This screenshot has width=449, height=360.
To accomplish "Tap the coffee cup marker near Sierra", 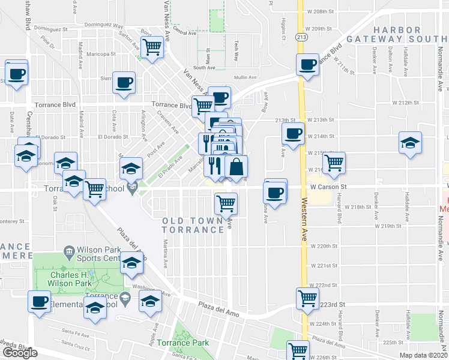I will [124, 83].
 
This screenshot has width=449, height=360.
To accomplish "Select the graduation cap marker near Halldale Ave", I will [411, 143].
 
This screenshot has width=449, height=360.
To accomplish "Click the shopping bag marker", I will [237, 167].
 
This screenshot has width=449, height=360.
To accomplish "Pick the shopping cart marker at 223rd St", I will [307, 297].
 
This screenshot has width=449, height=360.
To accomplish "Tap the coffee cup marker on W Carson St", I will [276, 192].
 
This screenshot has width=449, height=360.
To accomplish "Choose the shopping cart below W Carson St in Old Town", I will [226, 203].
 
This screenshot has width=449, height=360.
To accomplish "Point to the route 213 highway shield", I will [298, 37].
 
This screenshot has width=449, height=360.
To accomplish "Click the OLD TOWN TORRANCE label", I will [193, 226].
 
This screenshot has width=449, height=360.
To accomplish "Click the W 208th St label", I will [319, 11].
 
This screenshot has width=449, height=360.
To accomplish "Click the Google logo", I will [20, 353].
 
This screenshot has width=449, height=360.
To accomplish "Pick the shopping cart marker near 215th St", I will [334, 162].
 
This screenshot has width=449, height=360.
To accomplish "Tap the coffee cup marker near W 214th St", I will [293, 134].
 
